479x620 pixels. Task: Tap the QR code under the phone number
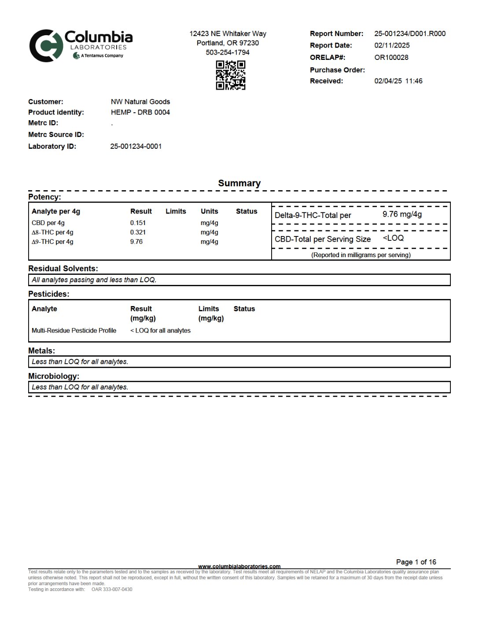click(x=230, y=75)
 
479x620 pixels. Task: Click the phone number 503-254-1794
click(x=228, y=52)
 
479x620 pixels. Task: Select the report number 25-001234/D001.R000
click(x=410, y=33)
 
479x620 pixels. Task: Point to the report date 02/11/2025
click(x=392, y=45)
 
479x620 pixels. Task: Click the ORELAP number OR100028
click(x=391, y=57)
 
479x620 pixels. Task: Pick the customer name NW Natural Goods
click(x=140, y=102)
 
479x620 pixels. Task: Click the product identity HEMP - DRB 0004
click(x=140, y=112)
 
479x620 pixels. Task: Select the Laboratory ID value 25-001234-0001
click(x=136, y=146)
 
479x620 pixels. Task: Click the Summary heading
click(x=239, y=183)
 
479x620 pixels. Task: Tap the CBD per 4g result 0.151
click(x=138, y=223)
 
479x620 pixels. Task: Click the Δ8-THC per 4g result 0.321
click(x=138, y=232)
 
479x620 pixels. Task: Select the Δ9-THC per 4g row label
click(x=52, y=242)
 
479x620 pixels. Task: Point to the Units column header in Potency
click(x=210, y=211)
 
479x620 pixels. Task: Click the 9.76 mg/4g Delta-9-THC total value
click(x=402, y=214)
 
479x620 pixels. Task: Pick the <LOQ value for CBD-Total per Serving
click(x=393, y=238)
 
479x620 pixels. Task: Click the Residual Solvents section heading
click(x=63, y=269)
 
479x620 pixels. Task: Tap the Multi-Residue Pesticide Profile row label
click(x=74, y=331)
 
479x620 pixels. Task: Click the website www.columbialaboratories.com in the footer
click(x=239, y=566)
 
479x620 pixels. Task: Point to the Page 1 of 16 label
click(x=416, y=562)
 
